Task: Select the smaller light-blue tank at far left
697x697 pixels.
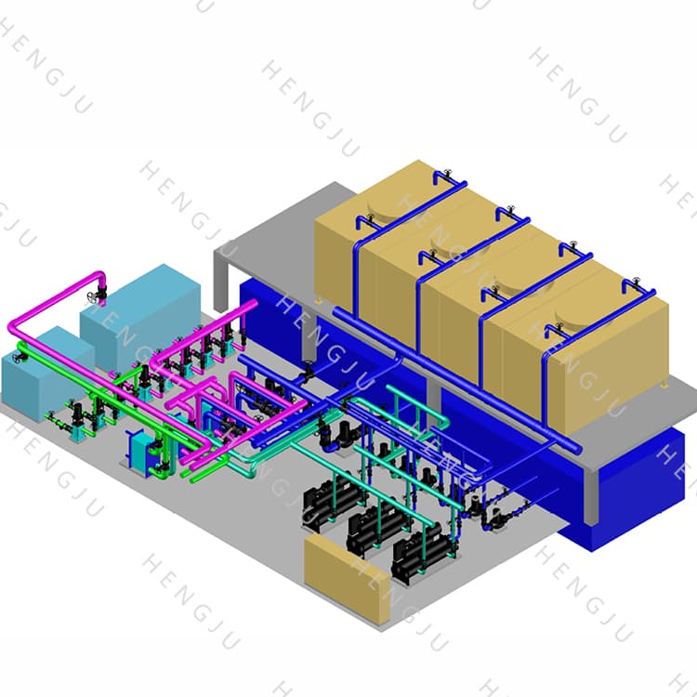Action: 42,372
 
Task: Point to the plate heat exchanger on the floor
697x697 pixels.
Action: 143,455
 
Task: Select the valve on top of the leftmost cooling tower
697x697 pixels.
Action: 444,174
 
